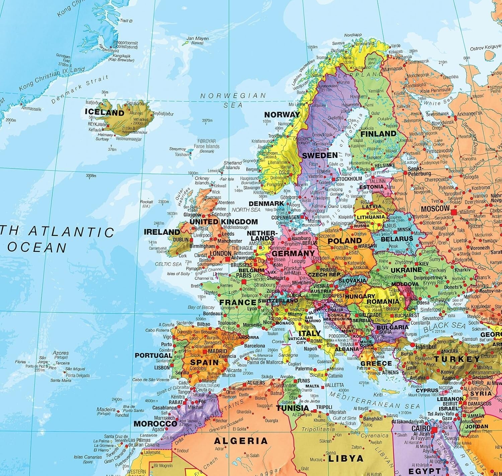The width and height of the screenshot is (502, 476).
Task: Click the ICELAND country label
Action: (x=104, y=112)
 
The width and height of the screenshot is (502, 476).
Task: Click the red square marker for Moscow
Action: (x=454, y=212)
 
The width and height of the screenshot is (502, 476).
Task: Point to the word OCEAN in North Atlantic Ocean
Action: (x=37, y=248)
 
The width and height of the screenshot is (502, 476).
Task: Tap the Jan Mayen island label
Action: (x=197, y=39)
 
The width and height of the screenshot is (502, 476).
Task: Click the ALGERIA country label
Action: (x=241, y=441)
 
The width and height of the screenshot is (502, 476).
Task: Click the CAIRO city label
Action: (x=421, y=429)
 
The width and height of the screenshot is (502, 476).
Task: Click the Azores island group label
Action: (x=61, y=353)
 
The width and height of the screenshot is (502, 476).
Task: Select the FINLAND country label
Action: (x=378, y=134)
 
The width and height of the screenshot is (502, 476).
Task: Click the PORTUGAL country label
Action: (x=154, y=355)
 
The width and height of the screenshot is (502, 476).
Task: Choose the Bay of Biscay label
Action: (x=201, y=307)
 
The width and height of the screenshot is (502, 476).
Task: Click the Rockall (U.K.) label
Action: (x=146, y=204)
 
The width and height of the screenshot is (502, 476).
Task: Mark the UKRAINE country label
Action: (x=406, y=270)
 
